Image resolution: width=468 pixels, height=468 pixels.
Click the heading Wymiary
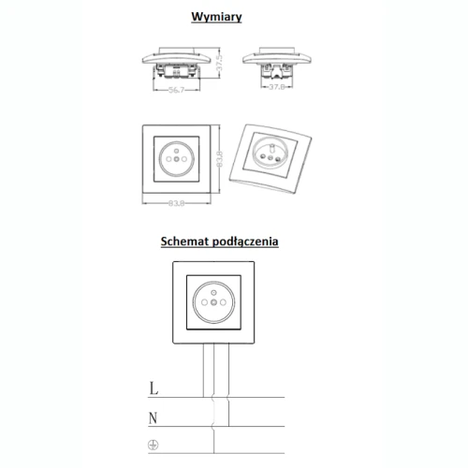(x=216, y=17)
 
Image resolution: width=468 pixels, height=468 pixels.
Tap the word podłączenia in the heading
(x=245, y=241)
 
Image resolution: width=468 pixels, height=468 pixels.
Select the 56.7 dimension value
(x=176, y=90)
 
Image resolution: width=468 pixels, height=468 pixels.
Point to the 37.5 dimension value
(x=219, y=63)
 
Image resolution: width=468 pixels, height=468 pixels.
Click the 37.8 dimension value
(x=277, y=87)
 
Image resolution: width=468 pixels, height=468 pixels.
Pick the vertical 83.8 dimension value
(x=219, y=159)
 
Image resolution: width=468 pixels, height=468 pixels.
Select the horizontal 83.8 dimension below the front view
(x=176, y=203)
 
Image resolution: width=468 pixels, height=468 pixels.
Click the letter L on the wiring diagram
(x=154, y=388)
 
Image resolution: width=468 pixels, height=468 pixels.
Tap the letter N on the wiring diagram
(x=153, y=418)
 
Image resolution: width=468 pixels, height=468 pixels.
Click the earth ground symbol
(x=153, y=445)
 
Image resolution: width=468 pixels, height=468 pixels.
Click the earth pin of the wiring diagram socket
(x=213, y=293)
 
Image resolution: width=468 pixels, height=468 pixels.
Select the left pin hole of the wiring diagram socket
(x=204, y=302)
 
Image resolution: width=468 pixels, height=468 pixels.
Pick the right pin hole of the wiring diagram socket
(x=223, y=302)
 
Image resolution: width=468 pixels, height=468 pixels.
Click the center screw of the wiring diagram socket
(x=213, y=302)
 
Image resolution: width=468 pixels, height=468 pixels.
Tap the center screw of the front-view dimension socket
(x=177, y=159)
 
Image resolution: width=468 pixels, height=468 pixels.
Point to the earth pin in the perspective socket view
(x=271, y=146)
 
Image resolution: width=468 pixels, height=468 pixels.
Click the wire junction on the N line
(x=228, y=426)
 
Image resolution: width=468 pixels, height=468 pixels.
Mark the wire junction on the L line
(x=203, y=397)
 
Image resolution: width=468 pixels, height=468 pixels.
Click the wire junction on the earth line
(x=214, y=453)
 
